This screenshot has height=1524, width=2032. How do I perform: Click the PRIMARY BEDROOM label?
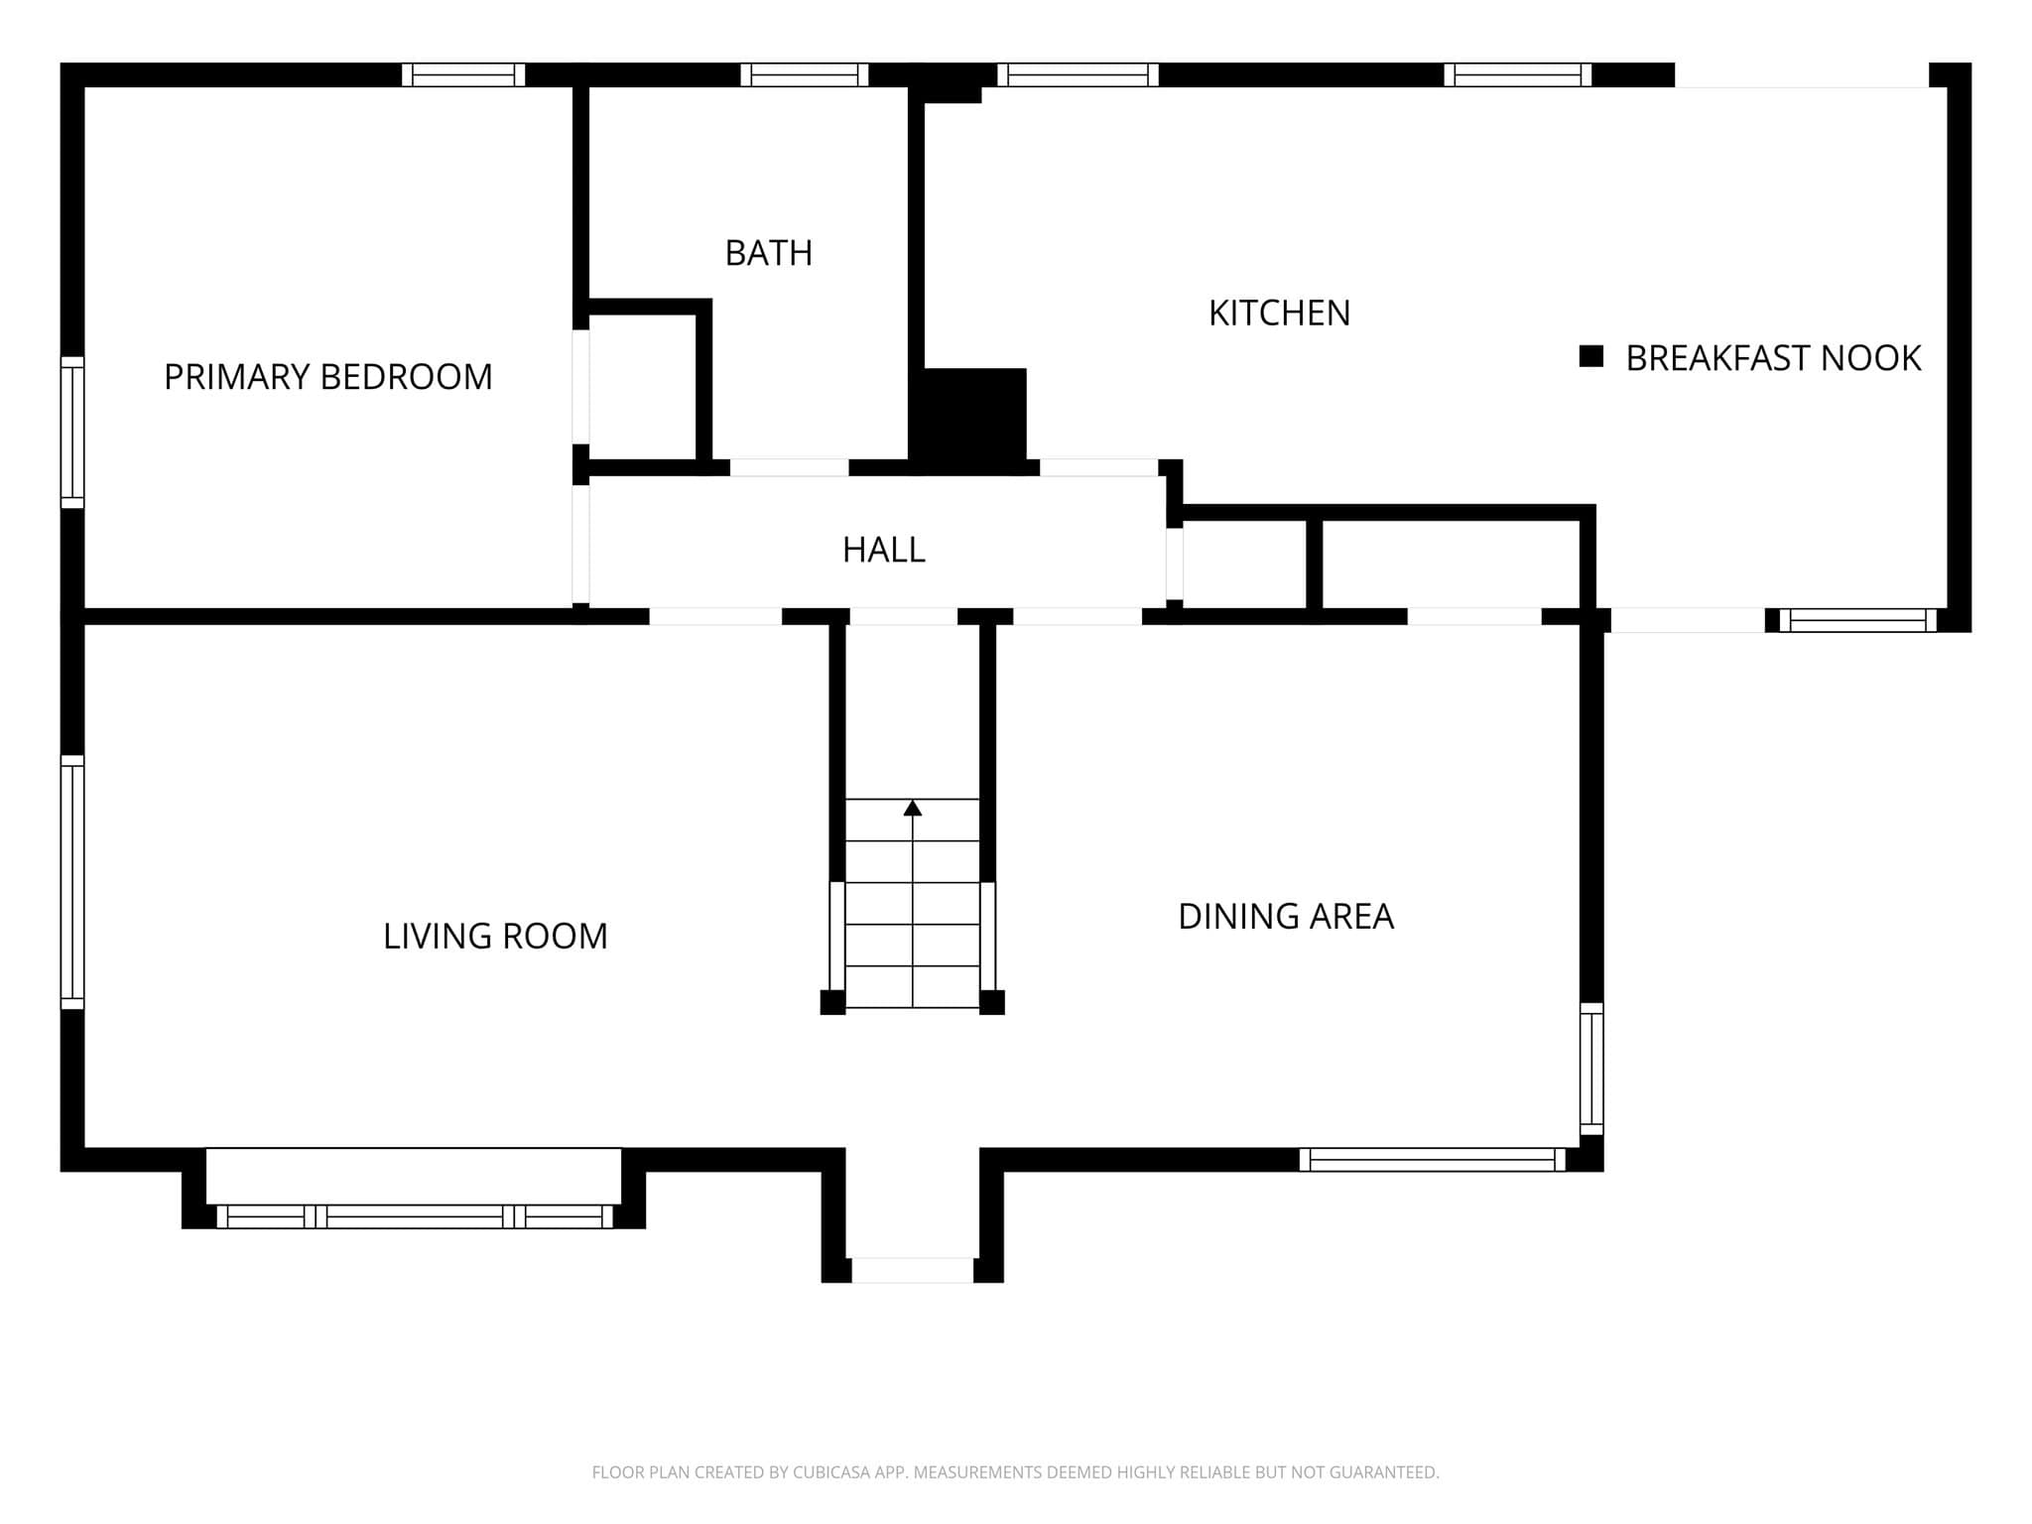click(327, 377)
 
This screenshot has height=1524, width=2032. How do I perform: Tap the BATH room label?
click(769, 253)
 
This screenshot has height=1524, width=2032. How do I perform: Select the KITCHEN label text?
click(1279, 313)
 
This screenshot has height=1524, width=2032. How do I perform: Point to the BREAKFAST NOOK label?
click(1773, 357)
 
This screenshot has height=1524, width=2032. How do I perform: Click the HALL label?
click(883, 550)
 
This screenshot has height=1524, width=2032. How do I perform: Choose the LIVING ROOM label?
click(495, 936)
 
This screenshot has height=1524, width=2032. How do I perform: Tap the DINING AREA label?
click(1286, 916)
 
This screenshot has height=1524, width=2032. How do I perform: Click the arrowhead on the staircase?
click(913, 808)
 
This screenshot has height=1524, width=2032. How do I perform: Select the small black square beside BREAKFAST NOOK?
click(1591, 356)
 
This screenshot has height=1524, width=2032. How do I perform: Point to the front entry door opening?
click(913, 1270)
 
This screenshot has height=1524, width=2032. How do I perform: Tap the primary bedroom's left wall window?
click(72, 433)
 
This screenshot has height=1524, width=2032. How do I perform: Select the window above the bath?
click(805, 74)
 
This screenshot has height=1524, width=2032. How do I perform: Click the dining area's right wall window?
click(1591, 1069)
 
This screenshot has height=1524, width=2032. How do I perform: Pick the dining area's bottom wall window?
click(1433, 1160)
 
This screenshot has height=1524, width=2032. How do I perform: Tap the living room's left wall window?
click(72, 882)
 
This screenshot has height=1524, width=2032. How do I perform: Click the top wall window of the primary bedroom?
click(463, 74)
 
